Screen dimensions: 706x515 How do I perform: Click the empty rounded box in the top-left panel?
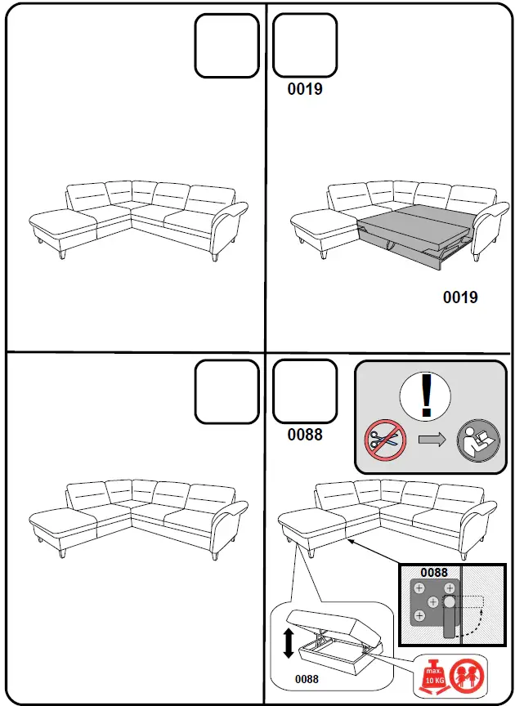point(226,47)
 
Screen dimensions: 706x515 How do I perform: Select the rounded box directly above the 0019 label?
point(304,46)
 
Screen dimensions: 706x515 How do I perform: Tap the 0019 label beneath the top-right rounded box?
point(305,89)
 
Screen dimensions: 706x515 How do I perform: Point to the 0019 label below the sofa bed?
point(460,297)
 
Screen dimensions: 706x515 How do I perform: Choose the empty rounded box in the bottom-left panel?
point(227,392)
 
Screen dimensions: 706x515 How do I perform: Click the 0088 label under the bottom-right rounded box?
point(305,435)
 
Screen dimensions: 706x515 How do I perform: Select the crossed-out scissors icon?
point(384,440)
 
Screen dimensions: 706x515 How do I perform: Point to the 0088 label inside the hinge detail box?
point(434,572)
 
